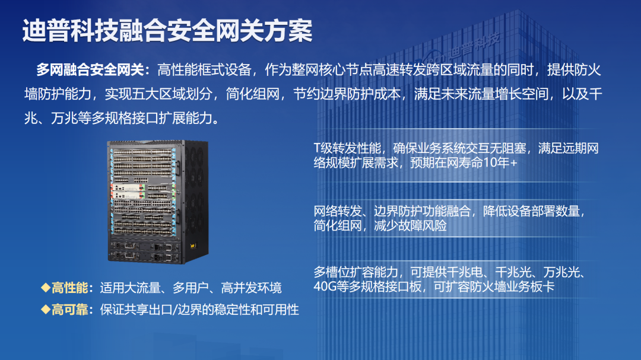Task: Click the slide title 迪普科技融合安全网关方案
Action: [x=167, y=31]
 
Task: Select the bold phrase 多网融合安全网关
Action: [x=90, y=70]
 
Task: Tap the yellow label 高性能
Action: [x=69, y=288]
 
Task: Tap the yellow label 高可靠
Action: [x=69, y=310]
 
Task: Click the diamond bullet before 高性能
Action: [x=45, y=288]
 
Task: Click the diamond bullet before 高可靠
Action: [x=45, y=310]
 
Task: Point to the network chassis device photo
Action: [x=158, y=202]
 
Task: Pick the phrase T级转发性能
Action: [x=347, y=148]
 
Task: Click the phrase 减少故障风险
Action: [x=411, y=225]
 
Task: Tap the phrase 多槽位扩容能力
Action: [x=356, y=272]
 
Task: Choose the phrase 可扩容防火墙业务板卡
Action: [x=494, y=286]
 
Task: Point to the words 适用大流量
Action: [x=130, y=288]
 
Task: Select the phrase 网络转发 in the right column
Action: [x=338, y=211]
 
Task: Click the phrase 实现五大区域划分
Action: [x=158, y=94]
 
